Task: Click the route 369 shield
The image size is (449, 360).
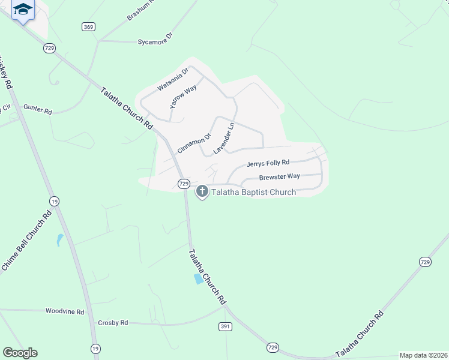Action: click(x=89, y=27)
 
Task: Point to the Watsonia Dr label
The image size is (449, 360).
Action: click(x=173, y=79)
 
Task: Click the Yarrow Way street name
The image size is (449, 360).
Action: click(x=183, y=97)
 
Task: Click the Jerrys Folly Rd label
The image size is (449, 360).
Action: click(x=268, y=163)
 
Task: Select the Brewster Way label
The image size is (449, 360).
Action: click(x=279, y=177)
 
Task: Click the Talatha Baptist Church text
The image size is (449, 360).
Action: click(x=253, y=193)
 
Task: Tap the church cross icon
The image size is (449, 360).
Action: click(x=202, y=191)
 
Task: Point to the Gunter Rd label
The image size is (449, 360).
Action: click(x=38, y=107)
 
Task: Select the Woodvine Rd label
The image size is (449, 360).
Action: click(x=64, y=311)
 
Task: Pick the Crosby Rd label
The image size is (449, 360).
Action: click(x=113, y=323)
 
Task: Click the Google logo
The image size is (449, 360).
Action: click(x=20, y=353)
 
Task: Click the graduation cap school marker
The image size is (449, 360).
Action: click(x=23, y=9)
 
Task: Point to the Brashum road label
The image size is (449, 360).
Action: click(x=141, y=10)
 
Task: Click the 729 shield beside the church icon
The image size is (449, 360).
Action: click(x=184, y=183)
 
